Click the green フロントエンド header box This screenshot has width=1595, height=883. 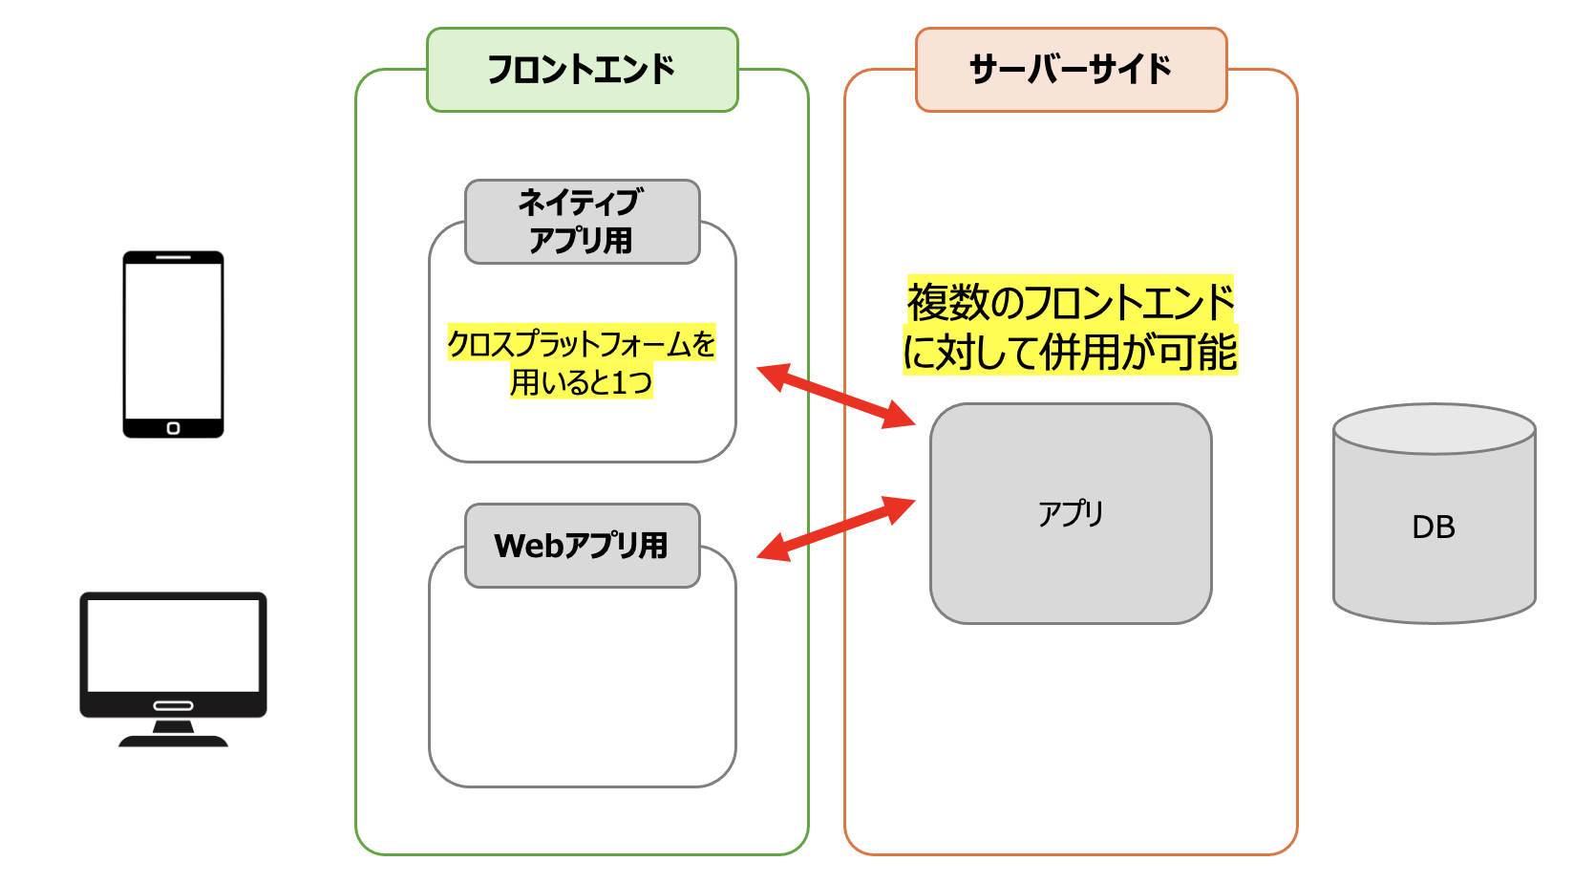[x=582, y=70]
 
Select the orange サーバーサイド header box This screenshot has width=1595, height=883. [x=1071, y=70]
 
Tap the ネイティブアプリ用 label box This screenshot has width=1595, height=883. [x=582, y=222]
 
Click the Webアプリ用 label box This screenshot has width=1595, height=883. [x=582, y=546]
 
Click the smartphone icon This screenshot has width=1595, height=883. [x=173, y=344]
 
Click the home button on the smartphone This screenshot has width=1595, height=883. [x=173, y=428]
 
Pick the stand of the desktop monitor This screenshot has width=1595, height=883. [x=173, y=735]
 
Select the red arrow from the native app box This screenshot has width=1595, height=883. [x=836, y=396]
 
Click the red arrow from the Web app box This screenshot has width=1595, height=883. [x=836, y=528]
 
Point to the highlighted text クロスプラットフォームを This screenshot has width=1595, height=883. [x=582, y=343]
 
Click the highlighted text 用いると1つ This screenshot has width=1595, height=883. [x=582, y=382]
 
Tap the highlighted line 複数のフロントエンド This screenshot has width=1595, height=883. [x=1071, y=303]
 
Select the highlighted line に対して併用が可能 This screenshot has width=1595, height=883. [x=1071, y=352]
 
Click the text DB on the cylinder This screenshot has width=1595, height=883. [x=1434, y=527]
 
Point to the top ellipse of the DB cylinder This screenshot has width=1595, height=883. [x=1434, y=428]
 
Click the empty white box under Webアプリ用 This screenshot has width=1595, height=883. [x=582, y=688]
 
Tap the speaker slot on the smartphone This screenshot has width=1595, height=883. [x=173, y=258]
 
